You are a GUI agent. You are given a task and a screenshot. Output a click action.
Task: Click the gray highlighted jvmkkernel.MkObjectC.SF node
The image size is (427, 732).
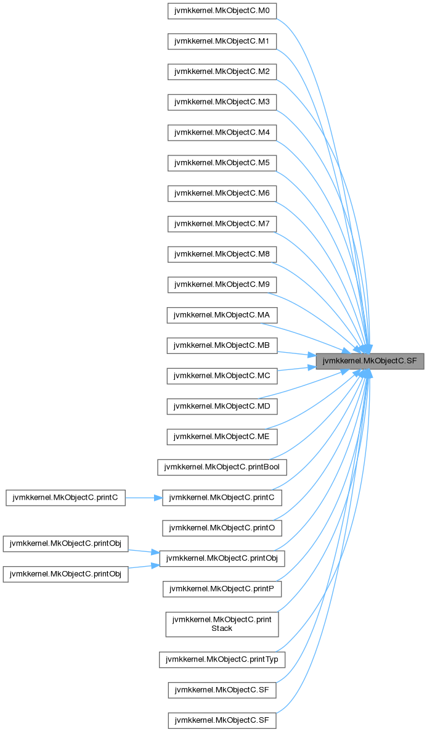point(370,361)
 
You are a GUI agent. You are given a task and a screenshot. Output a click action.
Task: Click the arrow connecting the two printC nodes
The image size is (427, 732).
point(144,498)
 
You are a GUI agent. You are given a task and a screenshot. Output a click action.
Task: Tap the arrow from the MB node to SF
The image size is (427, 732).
point(296,353)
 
